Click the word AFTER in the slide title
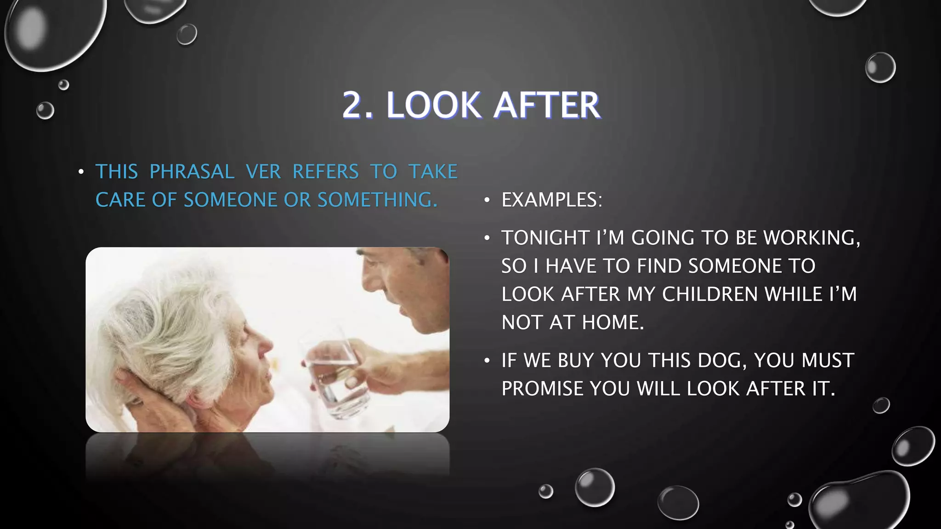click(x=547, y=106)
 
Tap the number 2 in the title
click(x=354, y=106)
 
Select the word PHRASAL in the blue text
click(x=192, y=172)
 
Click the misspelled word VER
click(x=263, y=172)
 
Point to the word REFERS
click(x=325, y=172)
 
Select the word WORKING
click(x=811, y=238)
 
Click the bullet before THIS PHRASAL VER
click(x=81, y=172)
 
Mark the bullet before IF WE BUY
click(x=487, y=361)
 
